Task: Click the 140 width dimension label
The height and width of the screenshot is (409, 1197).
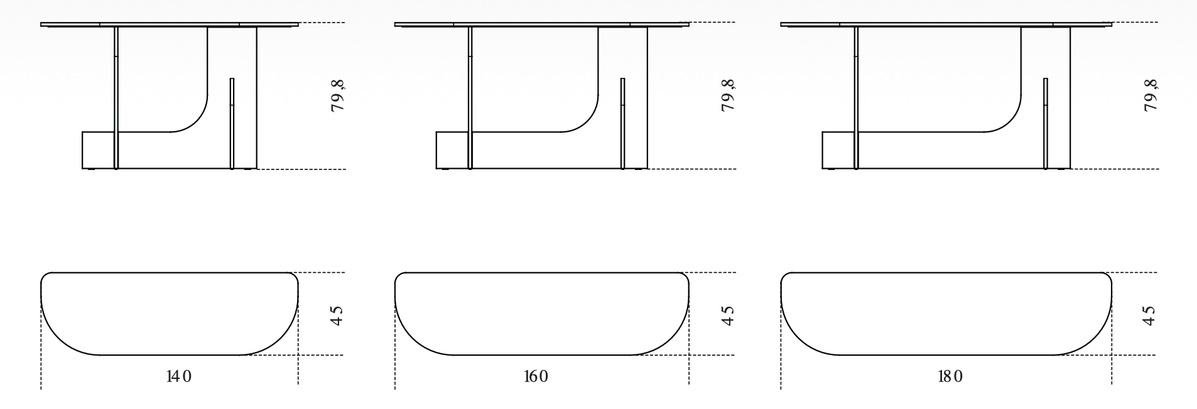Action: (179, 376)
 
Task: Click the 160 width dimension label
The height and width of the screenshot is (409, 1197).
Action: (536, 376)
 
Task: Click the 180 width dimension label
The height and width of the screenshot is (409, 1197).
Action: (950, 376)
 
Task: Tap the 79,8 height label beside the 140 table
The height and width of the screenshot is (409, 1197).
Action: (339, 95)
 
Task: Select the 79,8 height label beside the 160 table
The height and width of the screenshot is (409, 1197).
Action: (728, 95)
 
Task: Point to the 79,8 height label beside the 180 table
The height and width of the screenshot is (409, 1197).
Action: (1151, 95)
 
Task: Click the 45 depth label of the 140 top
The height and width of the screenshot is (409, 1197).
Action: (337, 315)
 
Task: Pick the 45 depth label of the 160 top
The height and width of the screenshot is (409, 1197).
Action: (727, 315)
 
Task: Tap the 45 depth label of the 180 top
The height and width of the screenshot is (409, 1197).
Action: (1149, 315)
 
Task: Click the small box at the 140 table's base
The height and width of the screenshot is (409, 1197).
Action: (98, 151)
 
